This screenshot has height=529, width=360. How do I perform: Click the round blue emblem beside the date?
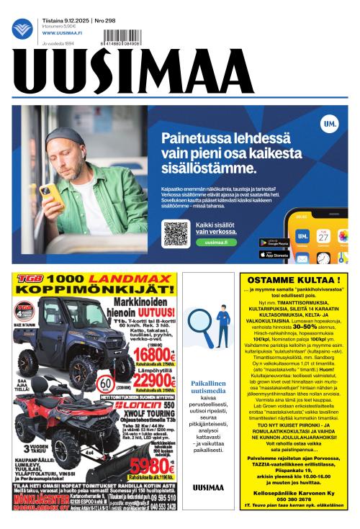(22, 29)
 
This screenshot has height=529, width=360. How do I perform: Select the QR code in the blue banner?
(176, 232)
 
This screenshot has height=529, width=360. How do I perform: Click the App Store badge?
(274, 254)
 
